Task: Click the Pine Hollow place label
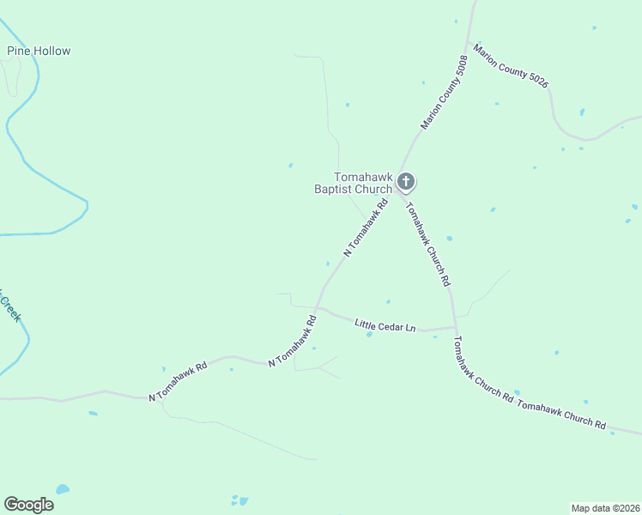coord(39,51)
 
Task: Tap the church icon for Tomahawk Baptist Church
coord(406,181)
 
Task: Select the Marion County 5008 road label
coord(444,93)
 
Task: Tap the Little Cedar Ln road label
coord(385,325)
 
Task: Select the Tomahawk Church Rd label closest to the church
coord(427,243)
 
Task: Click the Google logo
coord(28,505)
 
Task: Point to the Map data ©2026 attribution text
coord(605,508)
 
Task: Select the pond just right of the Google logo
coord(63,489)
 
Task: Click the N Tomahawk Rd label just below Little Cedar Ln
coord(293,342)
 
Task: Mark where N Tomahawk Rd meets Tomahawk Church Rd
coord(397,191)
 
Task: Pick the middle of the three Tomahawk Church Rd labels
coord(483,370)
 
